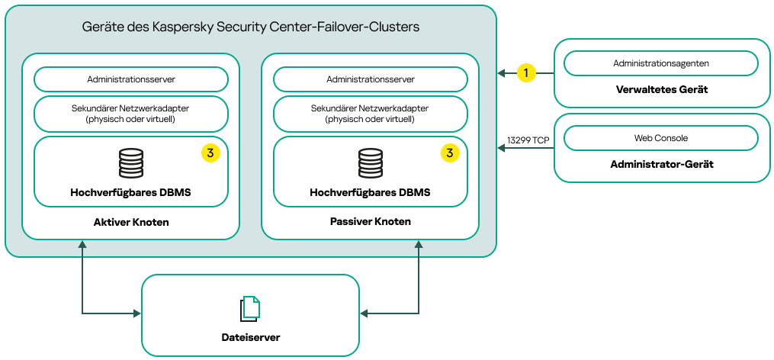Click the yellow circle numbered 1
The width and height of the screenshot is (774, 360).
coord(526,72)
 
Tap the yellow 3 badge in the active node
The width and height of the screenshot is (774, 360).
coord(210,153)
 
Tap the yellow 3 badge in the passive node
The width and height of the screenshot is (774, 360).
coord(450,153)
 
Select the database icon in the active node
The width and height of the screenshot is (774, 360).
coord(130,163)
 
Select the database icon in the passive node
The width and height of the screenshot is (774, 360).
coord(370,163)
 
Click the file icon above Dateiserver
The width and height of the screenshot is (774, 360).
coord(250,308)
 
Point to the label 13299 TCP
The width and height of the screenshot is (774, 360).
coord(528,140)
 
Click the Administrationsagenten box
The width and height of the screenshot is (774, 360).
coord(660,63)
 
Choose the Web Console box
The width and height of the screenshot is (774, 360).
coord(660,138)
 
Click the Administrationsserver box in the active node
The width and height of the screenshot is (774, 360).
coord(130,79)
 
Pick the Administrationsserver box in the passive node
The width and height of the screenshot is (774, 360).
coord(370,79)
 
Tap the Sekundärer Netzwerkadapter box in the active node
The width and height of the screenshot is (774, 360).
coord(130,114)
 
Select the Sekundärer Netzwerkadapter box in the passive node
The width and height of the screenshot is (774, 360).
coord(370,114)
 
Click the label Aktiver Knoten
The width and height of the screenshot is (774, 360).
coord(130,222)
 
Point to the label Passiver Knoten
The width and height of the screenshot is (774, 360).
coord(370,222)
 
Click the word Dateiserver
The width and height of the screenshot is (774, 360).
coord(250,336)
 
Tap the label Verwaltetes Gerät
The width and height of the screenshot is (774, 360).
coord(661,89)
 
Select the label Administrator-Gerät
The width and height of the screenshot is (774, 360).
coord(661,164)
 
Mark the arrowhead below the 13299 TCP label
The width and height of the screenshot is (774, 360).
coord(503,149)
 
